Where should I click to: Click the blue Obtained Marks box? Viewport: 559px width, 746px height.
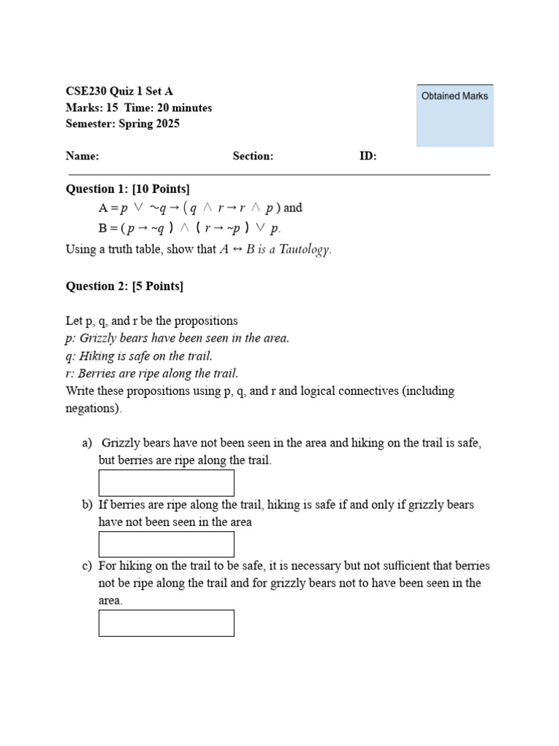click(x=455, y=115)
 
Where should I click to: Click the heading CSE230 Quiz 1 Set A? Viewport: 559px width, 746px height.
click(x=119, y=92)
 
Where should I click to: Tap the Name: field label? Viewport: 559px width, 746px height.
click(x=82, y=156)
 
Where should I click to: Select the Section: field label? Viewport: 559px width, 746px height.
click(x=253, y=156)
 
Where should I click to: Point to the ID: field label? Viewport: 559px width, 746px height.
click(x=368, y=156)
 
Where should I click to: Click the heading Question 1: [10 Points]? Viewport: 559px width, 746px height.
click(x=127, y=189)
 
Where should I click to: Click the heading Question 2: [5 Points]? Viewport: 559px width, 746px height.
click(x=124, y=286)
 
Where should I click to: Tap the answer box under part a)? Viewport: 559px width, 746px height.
click(x=167, y=483)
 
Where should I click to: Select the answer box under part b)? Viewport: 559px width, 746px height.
click(x=167, y=544)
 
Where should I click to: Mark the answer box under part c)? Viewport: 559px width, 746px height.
click(x=167, y=623)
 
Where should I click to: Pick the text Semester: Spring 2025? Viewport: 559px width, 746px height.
click(x=122, y=124)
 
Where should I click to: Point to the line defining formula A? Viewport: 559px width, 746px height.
click(x=200, y=208)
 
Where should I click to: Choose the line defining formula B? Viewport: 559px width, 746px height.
click(x=189, y=228)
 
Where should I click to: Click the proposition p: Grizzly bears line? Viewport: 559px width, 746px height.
click(x=178, y=338)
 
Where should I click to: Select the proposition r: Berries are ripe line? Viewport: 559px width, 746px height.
click(x=152, y=374)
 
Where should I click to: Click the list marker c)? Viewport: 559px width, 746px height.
click(x=87, y=566)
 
